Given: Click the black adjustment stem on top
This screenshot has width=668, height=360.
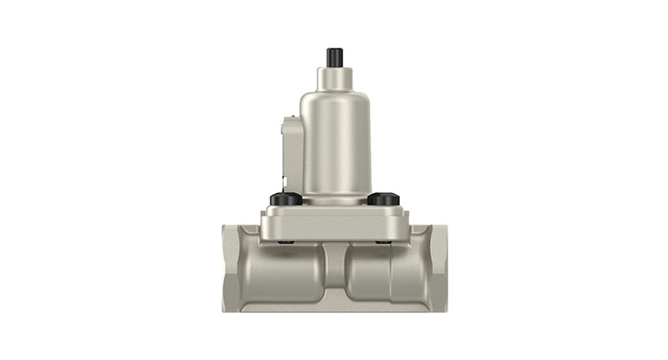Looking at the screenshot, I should [335, 58].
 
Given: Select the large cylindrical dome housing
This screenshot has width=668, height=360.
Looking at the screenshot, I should [336, 138].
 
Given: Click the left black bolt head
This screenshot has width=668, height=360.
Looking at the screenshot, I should [286, 199].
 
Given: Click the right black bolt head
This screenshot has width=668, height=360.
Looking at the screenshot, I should [383, 199].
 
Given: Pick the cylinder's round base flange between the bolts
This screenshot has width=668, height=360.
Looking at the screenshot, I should [335, 199].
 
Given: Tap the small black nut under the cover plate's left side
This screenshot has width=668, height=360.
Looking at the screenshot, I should [286, 242].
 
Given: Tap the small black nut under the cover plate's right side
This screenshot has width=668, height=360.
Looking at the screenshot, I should [383, 242].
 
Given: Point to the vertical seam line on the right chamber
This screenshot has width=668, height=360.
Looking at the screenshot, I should [390, 271].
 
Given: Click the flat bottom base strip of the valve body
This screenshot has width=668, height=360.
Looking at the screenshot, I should [335, 306].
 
